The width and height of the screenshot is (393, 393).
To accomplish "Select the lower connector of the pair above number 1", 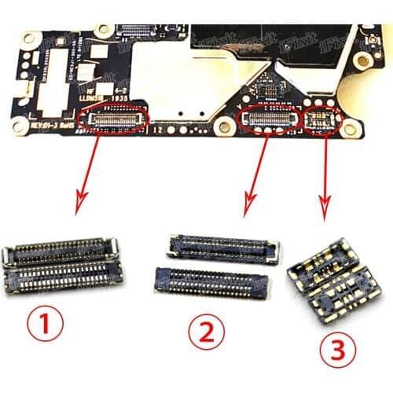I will coord(64,276).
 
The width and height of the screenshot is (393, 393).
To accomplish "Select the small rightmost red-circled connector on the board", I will coord(322,119).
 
